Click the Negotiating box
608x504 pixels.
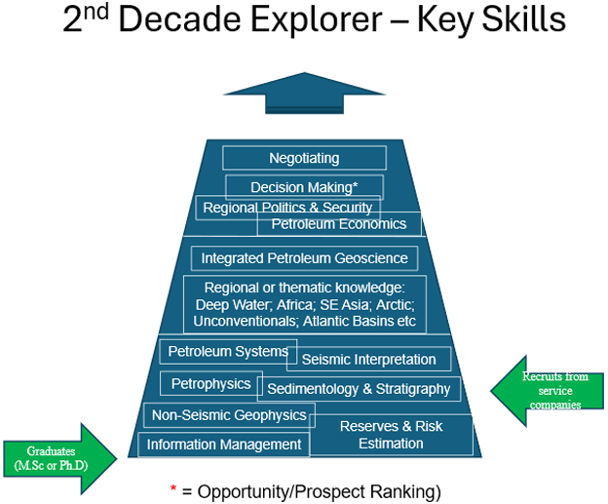[304, 158]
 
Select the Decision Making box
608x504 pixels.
[304, 187]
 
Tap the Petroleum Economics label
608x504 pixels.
[339, 224]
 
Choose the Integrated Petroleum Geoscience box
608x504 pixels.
[304, 258]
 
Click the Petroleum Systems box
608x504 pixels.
[228, 352]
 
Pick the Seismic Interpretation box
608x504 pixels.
[368, 360]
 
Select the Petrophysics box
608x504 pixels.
[211, 384]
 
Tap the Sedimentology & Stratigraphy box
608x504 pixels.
[360, 389]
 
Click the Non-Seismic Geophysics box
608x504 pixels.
[229, 415]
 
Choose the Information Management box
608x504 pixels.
[224, 445]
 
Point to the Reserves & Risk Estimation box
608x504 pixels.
[392, 435]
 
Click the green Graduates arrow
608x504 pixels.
[60, 458]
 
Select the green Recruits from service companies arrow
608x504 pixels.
[548, 391]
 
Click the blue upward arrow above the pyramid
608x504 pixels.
[304, 94]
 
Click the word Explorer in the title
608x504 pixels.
[317, 19]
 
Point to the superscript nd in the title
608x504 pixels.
[95, 12]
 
